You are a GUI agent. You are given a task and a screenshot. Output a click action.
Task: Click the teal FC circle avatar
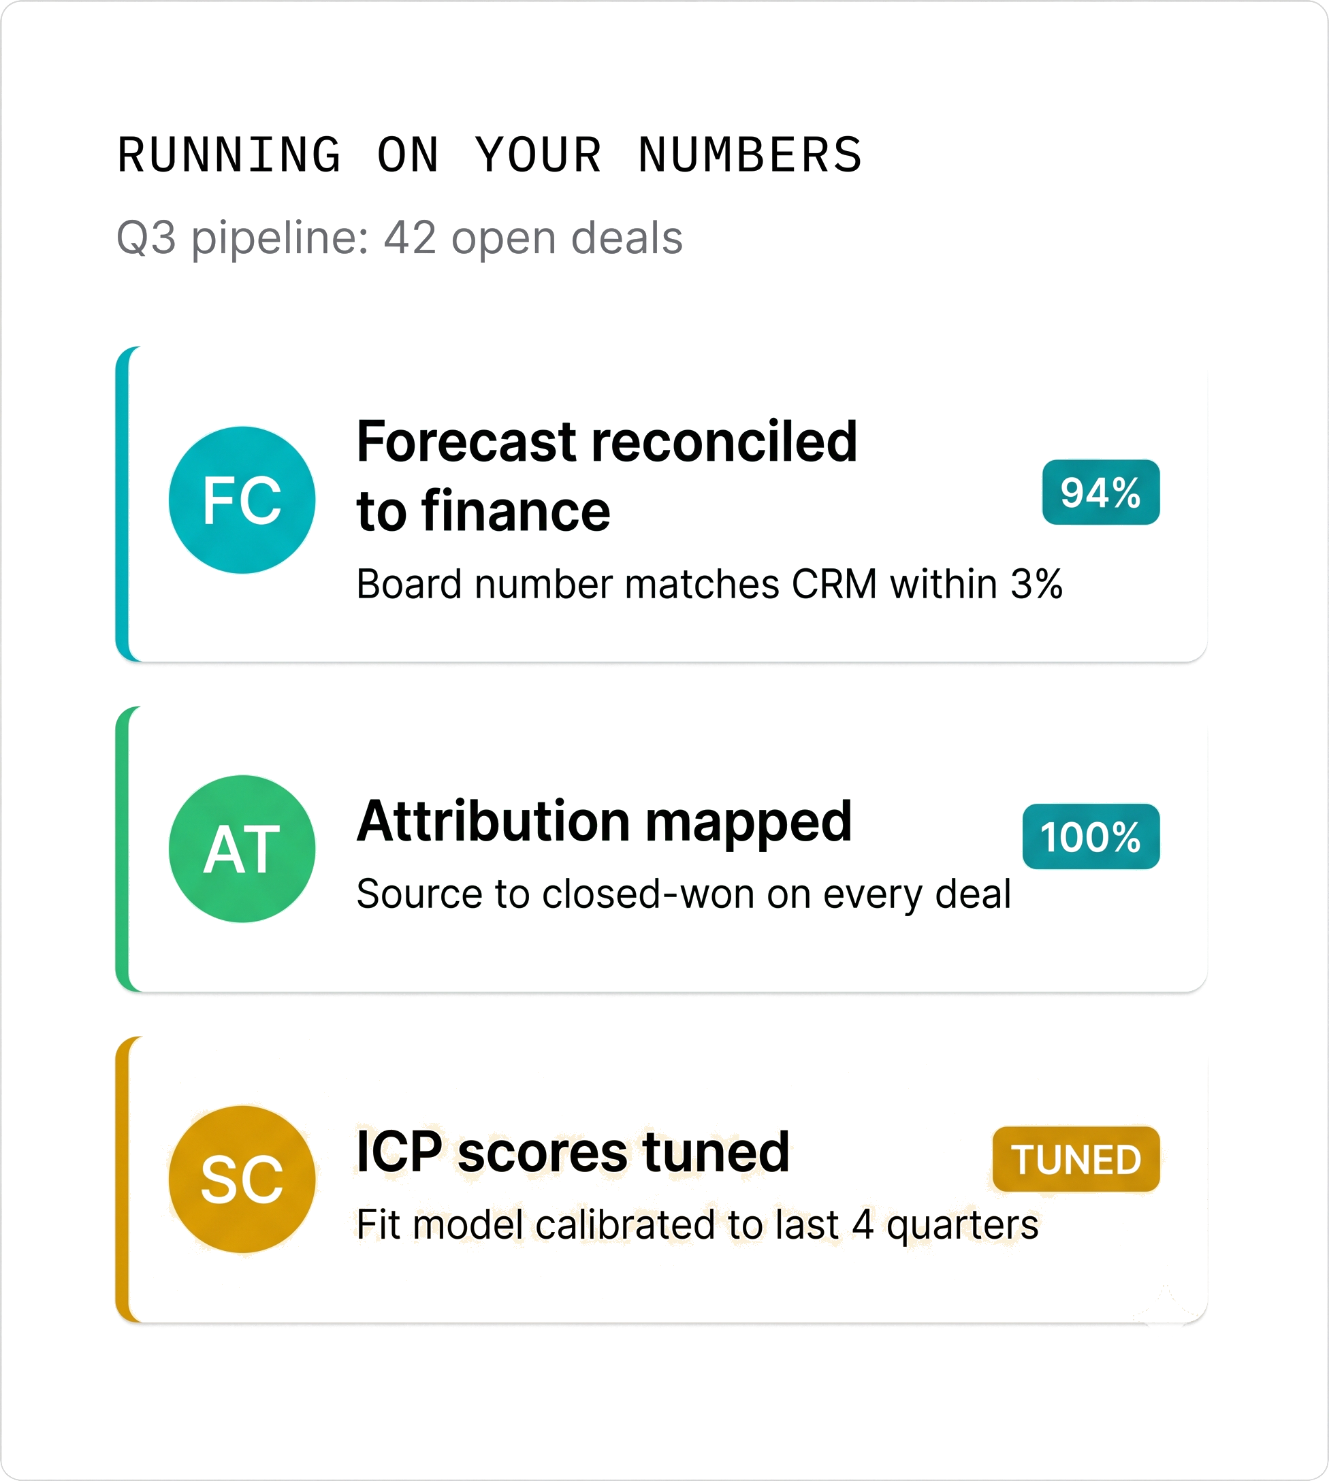(x=242, y=500)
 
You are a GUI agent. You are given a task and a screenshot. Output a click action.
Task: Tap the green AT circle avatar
(x=242, y=848)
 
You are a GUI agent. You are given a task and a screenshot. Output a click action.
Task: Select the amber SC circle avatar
(x=242, y=1179)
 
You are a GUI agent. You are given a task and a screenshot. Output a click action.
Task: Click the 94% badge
(x=1100, y=492)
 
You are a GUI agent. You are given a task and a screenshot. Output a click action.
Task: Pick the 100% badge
(x=1091, y=836)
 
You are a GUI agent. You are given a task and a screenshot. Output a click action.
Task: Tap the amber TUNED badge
(x=1076, y=1159)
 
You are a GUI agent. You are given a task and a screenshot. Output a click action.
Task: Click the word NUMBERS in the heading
(x=750, y=154)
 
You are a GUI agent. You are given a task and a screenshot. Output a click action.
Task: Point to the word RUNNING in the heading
(x=229, y=154)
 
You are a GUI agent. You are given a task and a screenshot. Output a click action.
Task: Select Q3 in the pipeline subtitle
(x=146, y=239)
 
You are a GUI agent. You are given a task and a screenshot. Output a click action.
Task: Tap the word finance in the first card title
(x=515, y=511)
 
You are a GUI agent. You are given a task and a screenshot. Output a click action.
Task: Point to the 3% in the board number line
(x=1036, y=584)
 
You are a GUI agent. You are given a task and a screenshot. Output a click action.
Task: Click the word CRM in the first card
(x=834, y=584)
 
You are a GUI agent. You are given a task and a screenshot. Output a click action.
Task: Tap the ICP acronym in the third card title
(x=400, y=1152)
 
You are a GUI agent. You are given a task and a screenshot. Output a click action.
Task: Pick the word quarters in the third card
(x=963, y=1225)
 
